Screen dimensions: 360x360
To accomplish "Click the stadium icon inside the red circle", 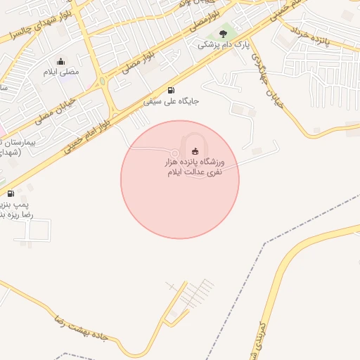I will pyautogui.click(x=195, y=151).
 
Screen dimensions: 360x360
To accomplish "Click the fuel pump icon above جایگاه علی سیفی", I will pyautogui.click(x=172, y=90).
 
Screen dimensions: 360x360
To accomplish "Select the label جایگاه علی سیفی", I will pyautogui.click(x=172, y=101).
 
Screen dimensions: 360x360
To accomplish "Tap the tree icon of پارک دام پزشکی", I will pyautogui.click(x=223, y=33).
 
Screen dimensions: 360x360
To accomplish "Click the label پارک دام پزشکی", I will pyautogui.click(x=223, y=45).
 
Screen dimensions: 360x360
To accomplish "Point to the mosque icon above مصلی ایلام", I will pyautogui.click(x=61, y=61).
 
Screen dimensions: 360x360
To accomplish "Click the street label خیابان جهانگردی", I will pyautogui.click(x=266, y=82).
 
